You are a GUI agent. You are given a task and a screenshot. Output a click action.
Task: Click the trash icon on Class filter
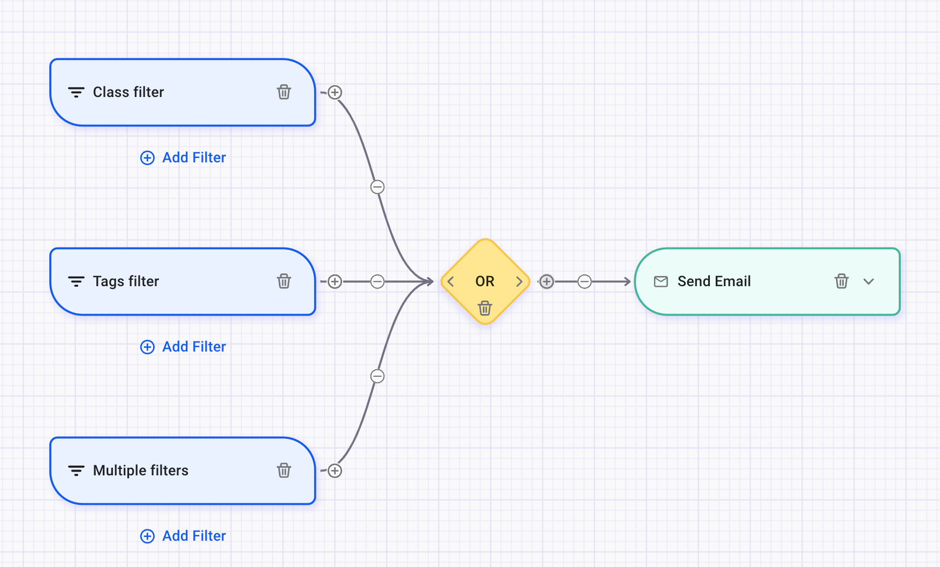click(284, 92)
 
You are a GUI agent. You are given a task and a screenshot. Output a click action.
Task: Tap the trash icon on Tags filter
click(284, 281)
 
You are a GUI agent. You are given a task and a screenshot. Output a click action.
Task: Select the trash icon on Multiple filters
click(284, 471)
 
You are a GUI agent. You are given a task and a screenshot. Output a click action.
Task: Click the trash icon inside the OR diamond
click(485, 308)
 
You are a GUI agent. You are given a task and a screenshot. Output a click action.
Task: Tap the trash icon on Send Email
click(842, 281)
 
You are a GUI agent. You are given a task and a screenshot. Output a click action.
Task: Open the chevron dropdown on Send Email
click(869, 281)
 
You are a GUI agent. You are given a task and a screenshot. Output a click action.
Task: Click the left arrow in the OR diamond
click(451, 281)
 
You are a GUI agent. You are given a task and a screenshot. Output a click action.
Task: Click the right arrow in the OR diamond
click(519, 281)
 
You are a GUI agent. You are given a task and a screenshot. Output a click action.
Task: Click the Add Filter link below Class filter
click(183, 158)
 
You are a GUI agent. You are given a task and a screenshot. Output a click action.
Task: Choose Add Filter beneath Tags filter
click(183, 347)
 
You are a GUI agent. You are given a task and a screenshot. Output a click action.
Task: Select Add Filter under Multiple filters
click(183, 536)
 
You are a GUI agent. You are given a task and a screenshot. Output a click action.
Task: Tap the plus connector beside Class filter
click(335, 93)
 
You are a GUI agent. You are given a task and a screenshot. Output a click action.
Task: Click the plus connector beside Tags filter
click(335, 281)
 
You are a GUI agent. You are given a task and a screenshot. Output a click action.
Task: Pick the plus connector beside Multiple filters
click(335, 471)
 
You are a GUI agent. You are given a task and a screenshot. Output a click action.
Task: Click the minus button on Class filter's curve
click(377, 187)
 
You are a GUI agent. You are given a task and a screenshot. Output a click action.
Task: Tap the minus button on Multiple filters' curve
click(377, 376)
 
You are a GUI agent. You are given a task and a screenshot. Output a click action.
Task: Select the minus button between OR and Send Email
click(585, 281)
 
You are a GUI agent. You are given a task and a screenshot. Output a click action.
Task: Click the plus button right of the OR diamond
click(547, 281)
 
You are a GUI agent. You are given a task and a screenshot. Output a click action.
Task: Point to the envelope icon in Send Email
click(661, 281)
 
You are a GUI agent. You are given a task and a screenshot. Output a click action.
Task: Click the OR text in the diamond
click(485, 281)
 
